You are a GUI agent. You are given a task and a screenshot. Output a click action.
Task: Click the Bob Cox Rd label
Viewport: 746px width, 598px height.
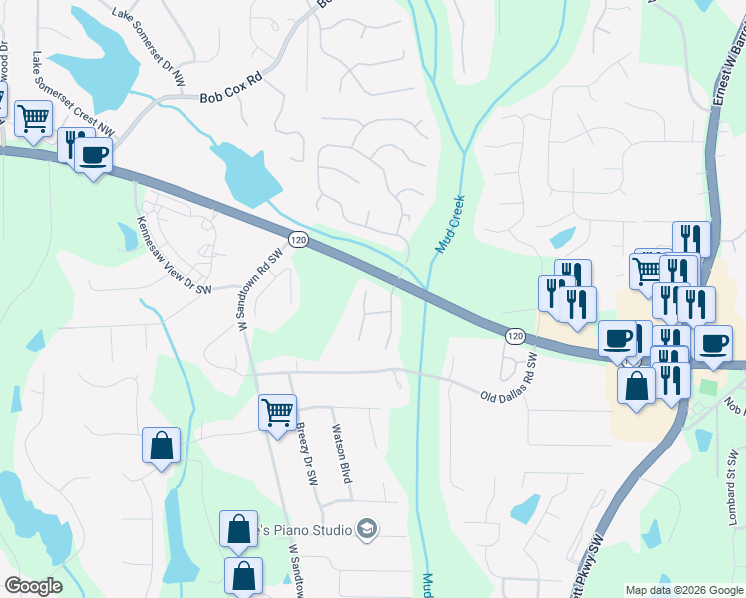(x=232, y=98)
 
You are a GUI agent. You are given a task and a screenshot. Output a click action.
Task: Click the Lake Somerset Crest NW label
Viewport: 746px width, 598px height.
(x=73, y=95)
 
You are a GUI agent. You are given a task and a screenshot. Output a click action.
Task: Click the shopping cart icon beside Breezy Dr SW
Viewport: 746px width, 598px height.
(x=277, y=410)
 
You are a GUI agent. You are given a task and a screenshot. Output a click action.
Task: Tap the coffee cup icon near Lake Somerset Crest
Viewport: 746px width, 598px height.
(x=94, y=154)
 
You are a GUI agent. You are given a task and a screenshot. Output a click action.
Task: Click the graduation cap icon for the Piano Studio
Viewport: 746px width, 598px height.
(x=367, y=528)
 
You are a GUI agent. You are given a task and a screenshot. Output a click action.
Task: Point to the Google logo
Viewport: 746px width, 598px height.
(x=33, y=586)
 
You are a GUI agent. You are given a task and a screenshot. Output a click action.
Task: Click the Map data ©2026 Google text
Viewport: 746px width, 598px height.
(x=684, y=589)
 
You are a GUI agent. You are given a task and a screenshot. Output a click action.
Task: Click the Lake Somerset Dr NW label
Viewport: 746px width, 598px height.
(x=149, y=46)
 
